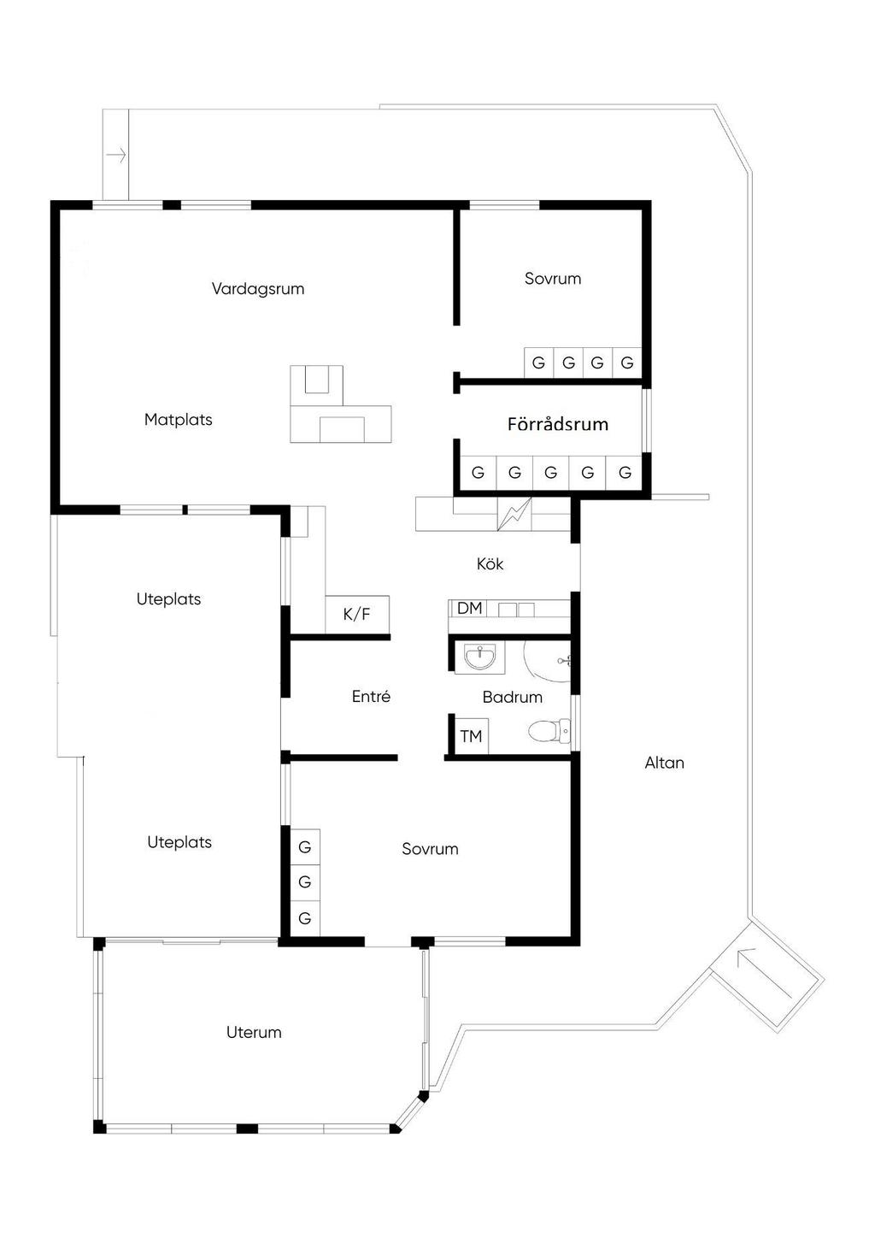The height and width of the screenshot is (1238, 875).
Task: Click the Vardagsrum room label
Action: coord(258,288)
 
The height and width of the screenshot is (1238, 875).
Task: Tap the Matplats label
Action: coord(178,420)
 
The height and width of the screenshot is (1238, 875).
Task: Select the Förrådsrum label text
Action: coord(558,424)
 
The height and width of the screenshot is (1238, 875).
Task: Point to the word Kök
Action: coord(490,563)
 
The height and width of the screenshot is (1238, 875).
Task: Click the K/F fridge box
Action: coord(357,614)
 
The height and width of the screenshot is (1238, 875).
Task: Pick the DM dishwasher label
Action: coord(469,608)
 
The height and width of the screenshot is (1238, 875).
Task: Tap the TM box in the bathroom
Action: coord(471,735)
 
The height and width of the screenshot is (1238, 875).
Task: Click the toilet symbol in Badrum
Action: coord(549,732)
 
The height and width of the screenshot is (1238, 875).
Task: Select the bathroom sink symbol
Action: coord(479,657)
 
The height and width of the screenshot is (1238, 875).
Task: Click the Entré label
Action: coord(371,696)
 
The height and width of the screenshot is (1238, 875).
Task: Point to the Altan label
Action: coord(665,763)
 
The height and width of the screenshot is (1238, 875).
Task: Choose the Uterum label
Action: coord(254,1033)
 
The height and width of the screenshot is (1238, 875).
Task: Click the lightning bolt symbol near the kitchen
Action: coord(514,515)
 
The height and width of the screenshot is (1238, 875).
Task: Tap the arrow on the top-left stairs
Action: coord(116,156)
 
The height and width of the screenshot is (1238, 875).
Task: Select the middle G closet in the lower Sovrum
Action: coord(305,881)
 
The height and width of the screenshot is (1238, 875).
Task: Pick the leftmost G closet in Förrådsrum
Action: coord(478,473)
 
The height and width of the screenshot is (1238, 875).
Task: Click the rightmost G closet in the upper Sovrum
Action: coord(627,363)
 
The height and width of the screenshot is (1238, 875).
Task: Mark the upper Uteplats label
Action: coord(168,599)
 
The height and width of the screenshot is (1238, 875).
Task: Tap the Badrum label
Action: coord(513,697)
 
